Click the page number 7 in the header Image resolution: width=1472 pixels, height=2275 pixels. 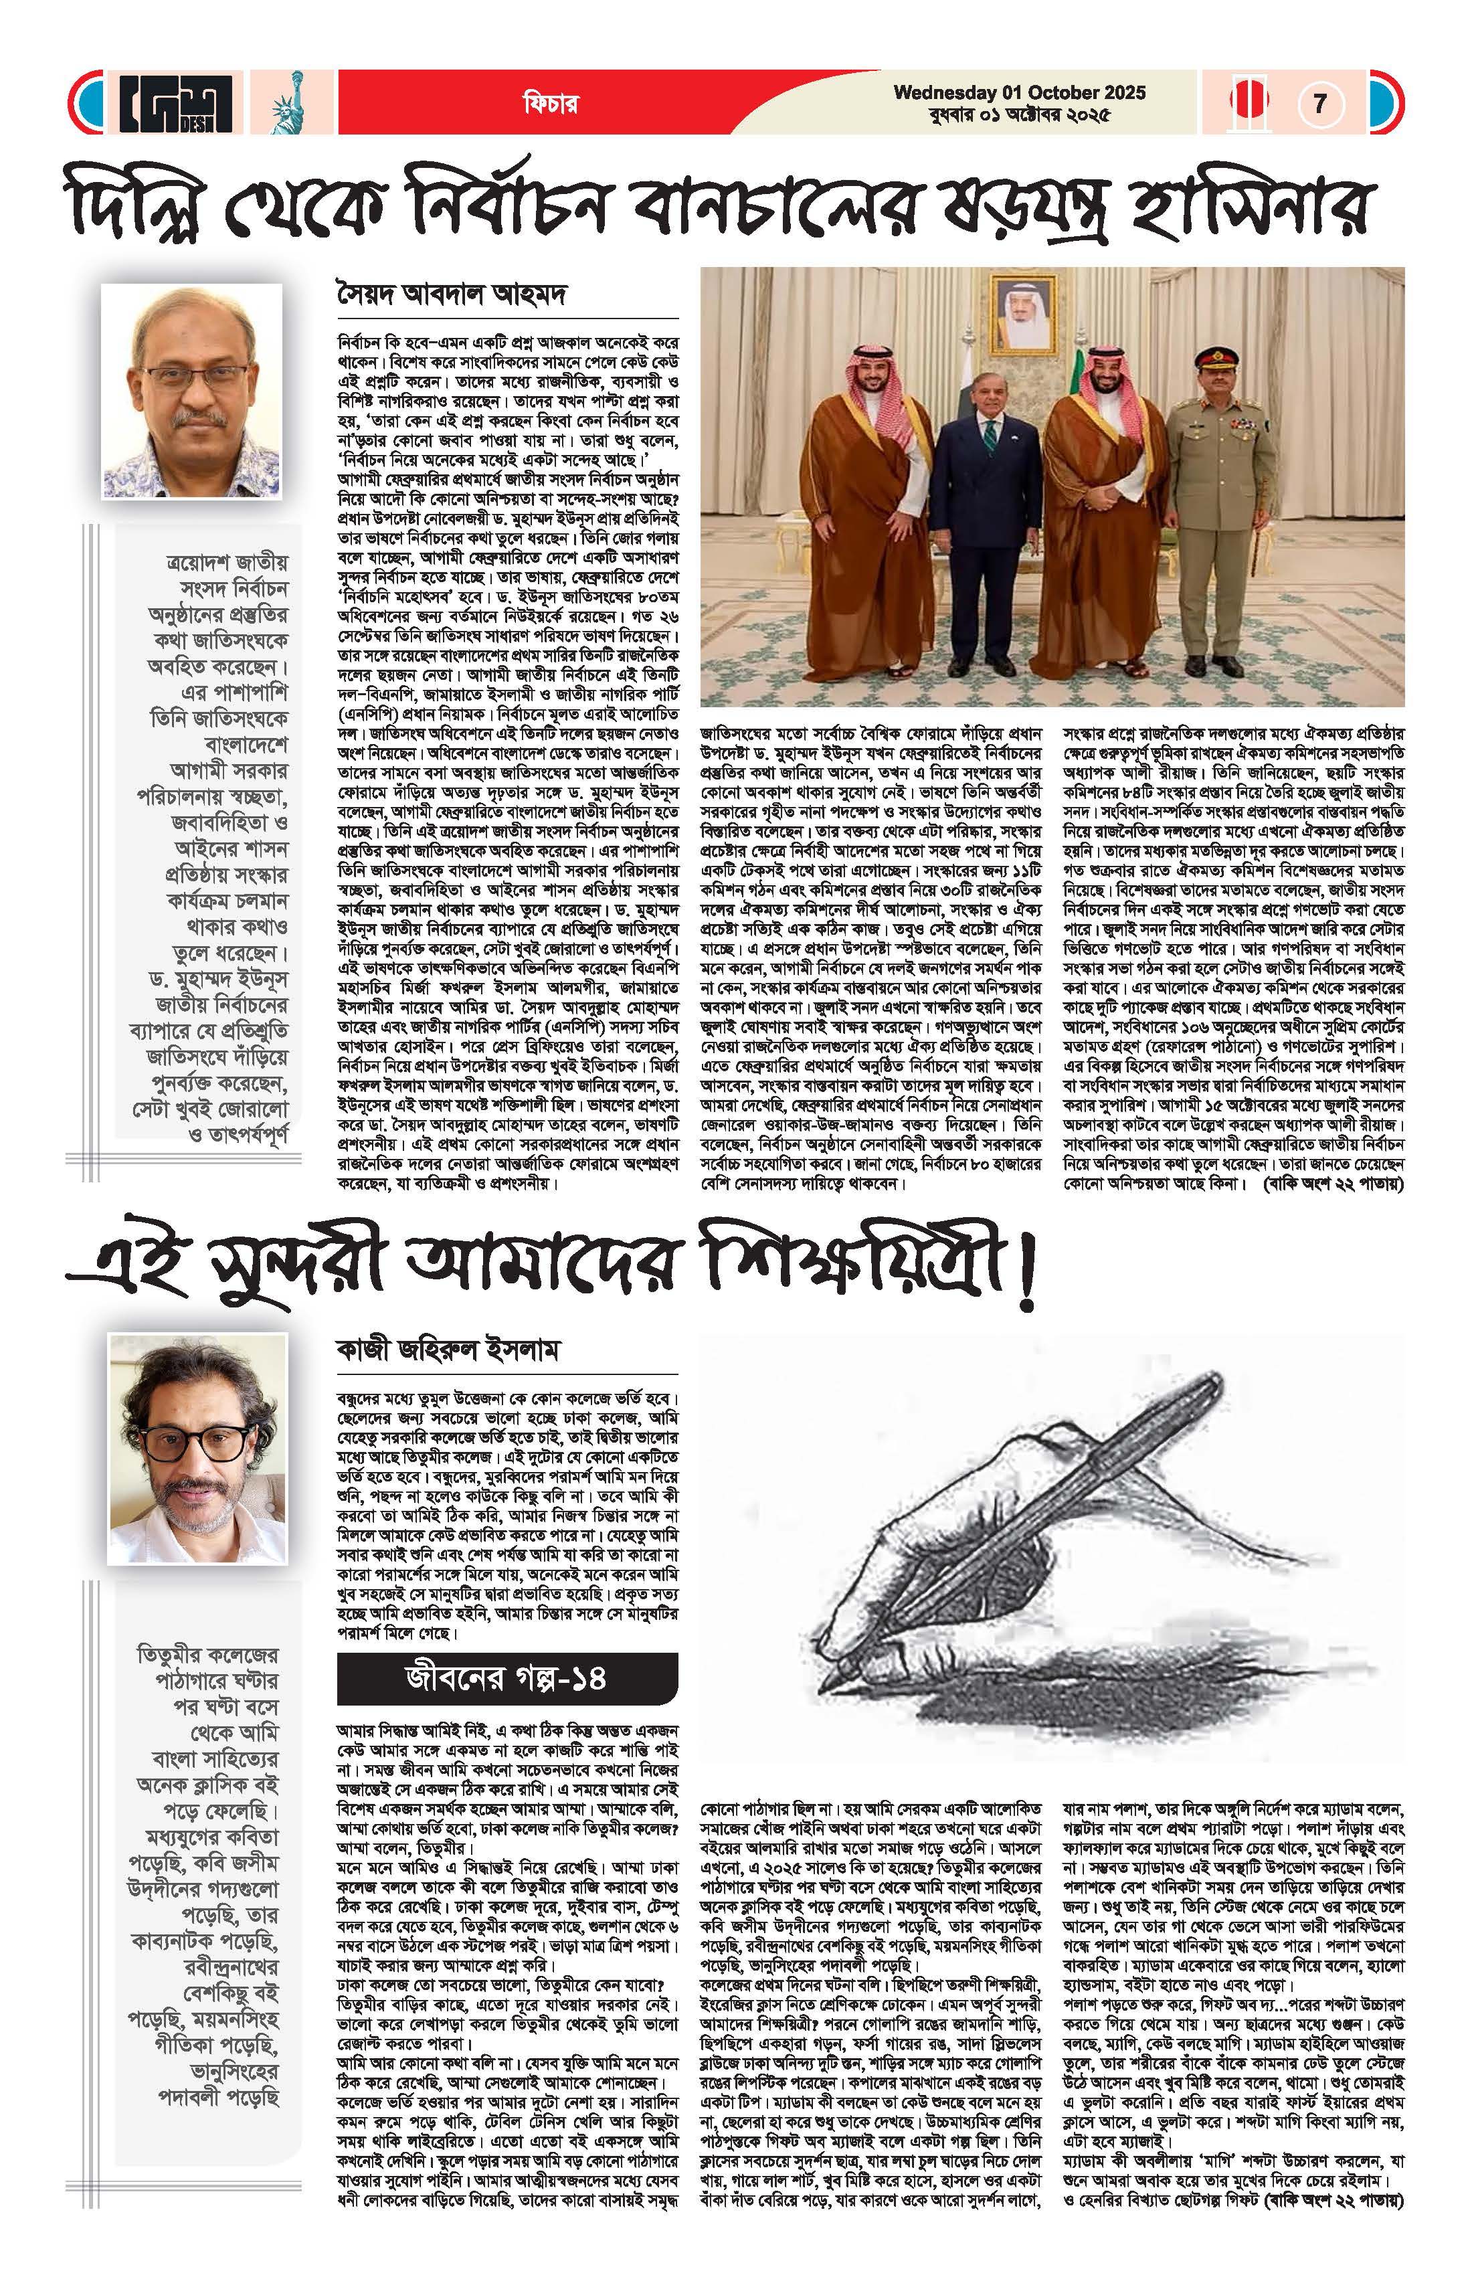tap(1320, 102)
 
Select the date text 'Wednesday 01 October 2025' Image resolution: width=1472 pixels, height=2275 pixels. tap(1019, 93)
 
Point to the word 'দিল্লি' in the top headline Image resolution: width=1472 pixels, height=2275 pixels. tap(143, 205)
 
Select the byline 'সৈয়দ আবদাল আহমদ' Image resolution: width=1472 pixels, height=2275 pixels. tap(453, 294)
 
